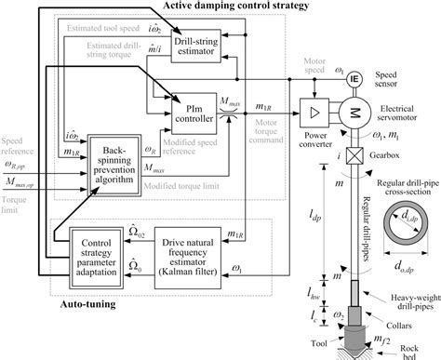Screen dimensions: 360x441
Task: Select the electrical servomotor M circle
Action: pos(356,111)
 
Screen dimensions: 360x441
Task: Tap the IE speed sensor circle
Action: pos(354,78)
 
